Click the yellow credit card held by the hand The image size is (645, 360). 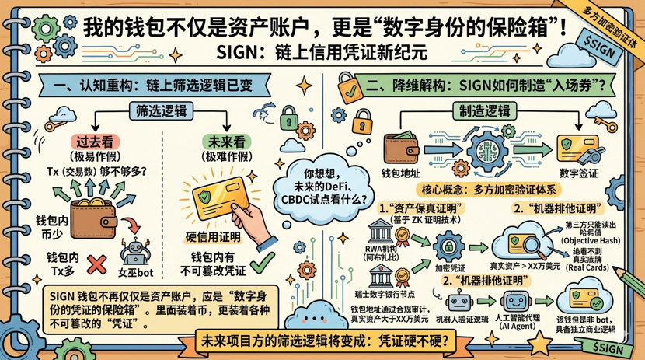[215, 190]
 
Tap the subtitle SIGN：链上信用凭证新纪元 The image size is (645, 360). [322, 53]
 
